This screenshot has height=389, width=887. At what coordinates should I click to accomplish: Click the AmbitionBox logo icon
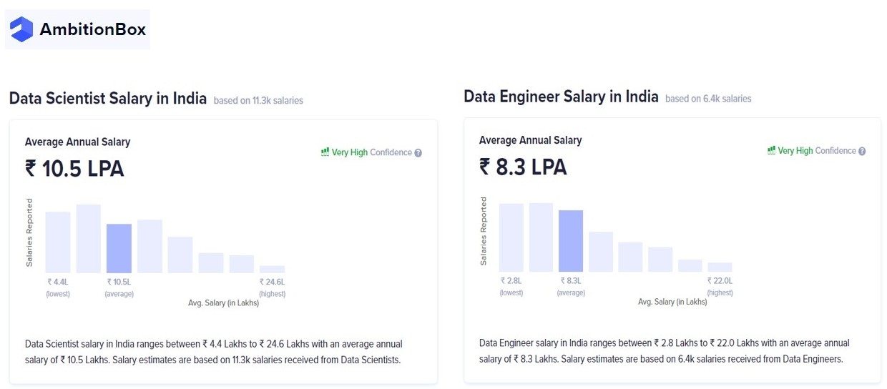coord(21,29)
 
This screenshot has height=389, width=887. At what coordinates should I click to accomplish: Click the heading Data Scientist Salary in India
coord(108,99)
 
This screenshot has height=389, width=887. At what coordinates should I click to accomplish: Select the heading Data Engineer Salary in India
coord(561,97)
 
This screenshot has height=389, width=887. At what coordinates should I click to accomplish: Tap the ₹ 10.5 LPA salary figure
coord(74,169)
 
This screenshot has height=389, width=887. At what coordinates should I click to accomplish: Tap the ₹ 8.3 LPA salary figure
coord(523,167)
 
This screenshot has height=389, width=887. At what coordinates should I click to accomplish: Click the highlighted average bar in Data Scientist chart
coord(119,248)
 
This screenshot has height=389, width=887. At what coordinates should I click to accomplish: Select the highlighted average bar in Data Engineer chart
coord(571,240)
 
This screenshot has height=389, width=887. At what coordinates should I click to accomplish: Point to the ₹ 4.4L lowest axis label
coord(58,282)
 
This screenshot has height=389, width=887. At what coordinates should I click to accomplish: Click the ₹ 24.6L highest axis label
coord(272,282)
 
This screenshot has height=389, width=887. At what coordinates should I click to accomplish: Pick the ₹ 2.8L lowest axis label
coord(511,281)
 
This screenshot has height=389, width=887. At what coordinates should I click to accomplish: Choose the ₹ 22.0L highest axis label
coord(720,281)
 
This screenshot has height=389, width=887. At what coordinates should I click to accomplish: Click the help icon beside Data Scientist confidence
coord(418,153)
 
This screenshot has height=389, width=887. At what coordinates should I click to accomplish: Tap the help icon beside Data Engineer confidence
coord(862,152)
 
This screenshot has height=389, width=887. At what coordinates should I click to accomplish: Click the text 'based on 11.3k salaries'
coord(258,101)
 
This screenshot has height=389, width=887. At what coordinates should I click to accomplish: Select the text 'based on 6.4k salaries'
coord(708,99)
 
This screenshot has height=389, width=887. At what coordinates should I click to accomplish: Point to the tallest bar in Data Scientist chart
coord(89,239)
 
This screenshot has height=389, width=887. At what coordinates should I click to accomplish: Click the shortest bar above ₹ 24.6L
coord(272,269)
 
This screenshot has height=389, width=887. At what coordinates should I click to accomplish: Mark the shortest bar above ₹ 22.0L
coord(720,267)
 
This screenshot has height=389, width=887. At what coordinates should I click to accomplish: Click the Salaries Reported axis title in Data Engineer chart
coord(484,231)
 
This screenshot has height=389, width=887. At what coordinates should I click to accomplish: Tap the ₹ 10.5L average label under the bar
coord(119,282)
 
